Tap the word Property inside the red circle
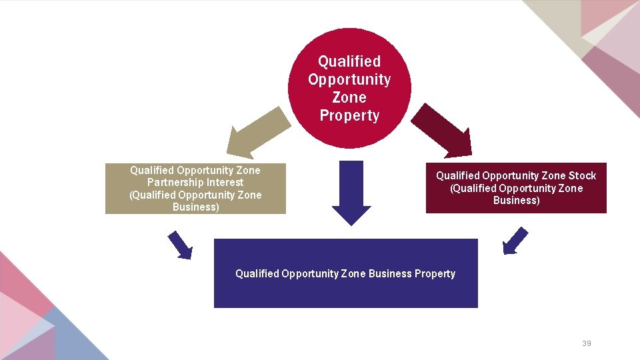pos(349,115)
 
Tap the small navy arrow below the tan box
pos(180,244)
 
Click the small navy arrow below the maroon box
pos(515,241)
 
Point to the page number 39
pos(587,343)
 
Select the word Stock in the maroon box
pos(582,175)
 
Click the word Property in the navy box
pos(434,273)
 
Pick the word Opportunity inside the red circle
pos(349,79)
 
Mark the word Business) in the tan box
pos(195,207)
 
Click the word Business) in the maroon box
pos(516,200)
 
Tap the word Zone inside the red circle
pos(349,97)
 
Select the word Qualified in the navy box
pos(257,273)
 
